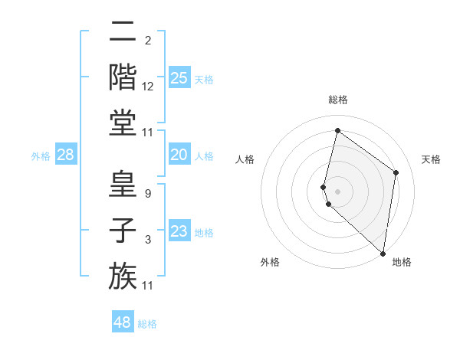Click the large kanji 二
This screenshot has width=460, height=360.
[x=123, y=31]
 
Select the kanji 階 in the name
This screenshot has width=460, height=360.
[x=123, y=77]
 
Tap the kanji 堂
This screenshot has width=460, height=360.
[x=123, y=123]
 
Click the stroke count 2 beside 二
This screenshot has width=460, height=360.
[x=147, y=41]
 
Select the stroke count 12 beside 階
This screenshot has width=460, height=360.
[x=148, y=87]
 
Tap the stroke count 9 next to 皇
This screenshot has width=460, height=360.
[x=147, y=194]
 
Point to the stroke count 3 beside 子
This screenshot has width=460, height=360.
[x=147, y=240]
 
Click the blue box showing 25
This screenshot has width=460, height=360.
[x=179, y=78]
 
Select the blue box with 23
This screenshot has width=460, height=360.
[x=179, y=231]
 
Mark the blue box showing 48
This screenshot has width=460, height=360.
[x=123, y=322]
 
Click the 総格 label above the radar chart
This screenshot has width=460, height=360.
[x=337, y=100]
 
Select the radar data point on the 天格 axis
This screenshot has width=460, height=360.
[x=396, y=172]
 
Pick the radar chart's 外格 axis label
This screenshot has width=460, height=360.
[x=270, y=262]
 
